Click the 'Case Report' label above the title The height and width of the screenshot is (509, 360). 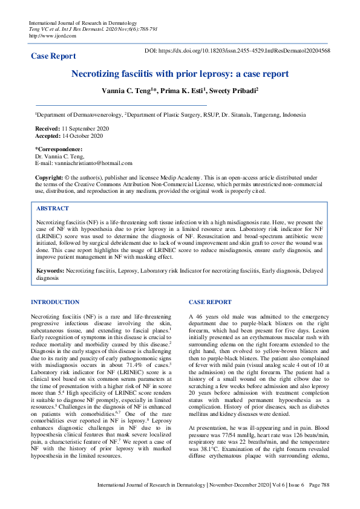53,56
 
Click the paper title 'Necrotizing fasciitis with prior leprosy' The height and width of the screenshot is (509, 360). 180,74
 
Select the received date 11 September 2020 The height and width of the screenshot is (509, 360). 86,129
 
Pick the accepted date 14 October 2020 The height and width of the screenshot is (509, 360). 82,136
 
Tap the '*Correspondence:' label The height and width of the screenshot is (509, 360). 59,149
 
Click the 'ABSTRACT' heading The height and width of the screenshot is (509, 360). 52,208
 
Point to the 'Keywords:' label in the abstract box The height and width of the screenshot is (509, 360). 51,271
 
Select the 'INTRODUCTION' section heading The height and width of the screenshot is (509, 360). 54,302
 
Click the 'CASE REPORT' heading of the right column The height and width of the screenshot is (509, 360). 210,302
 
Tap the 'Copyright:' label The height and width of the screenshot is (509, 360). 49,177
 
